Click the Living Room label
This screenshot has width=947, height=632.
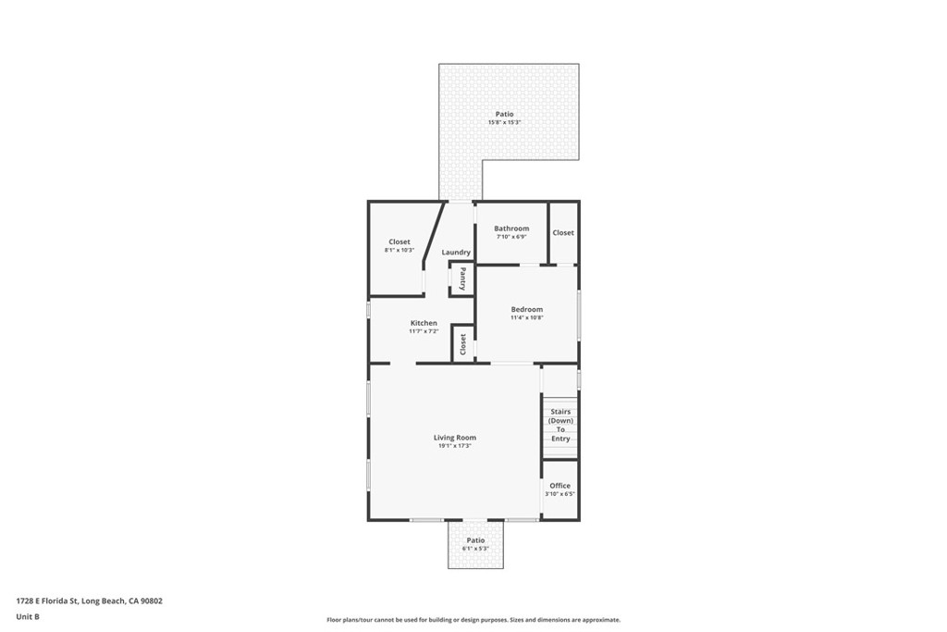[x=455, y=438]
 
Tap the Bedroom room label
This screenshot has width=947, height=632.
[x=526, y=309]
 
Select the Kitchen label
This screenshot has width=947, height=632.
[x=424, y=323]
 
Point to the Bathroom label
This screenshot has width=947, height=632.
[x=511, y=229]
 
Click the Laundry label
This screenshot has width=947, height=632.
[x=456, y=253]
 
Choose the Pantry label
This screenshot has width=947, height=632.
[x=462, y=279]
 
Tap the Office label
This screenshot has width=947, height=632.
[x=560, y=486]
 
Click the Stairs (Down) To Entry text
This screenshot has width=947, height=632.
[x=560, y=425]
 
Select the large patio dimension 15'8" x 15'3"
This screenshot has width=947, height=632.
[x=504, y=122]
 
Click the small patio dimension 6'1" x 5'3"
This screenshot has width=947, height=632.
[x=475, y=549]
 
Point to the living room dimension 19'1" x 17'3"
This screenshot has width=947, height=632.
[x=455, y=446]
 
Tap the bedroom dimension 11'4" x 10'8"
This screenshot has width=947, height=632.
[x=526, y=317]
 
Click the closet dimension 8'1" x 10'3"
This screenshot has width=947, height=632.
[x=399, y=250]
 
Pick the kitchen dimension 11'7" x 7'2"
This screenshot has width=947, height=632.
[x=424, y=331]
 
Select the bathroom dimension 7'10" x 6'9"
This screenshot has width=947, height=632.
[x=511, y=237]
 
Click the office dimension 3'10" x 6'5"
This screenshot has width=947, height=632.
[x=560, y=494]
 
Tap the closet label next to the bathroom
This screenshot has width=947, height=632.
[x=563, y=233]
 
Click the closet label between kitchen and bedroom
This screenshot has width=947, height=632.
[x=462, y=344]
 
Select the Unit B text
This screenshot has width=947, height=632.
[x=28, y=616]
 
